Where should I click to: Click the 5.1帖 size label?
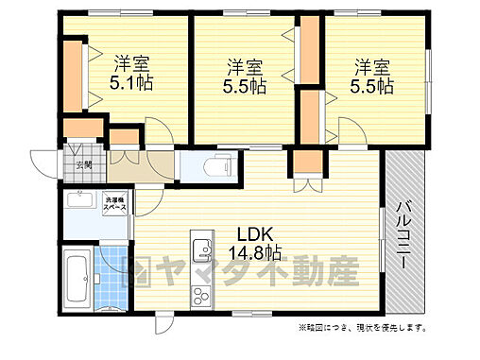click(132, 83)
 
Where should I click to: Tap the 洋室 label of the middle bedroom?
click(245, 67)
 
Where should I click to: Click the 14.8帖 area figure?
click(252, 252)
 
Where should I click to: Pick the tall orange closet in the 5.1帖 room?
click(75, 73)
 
